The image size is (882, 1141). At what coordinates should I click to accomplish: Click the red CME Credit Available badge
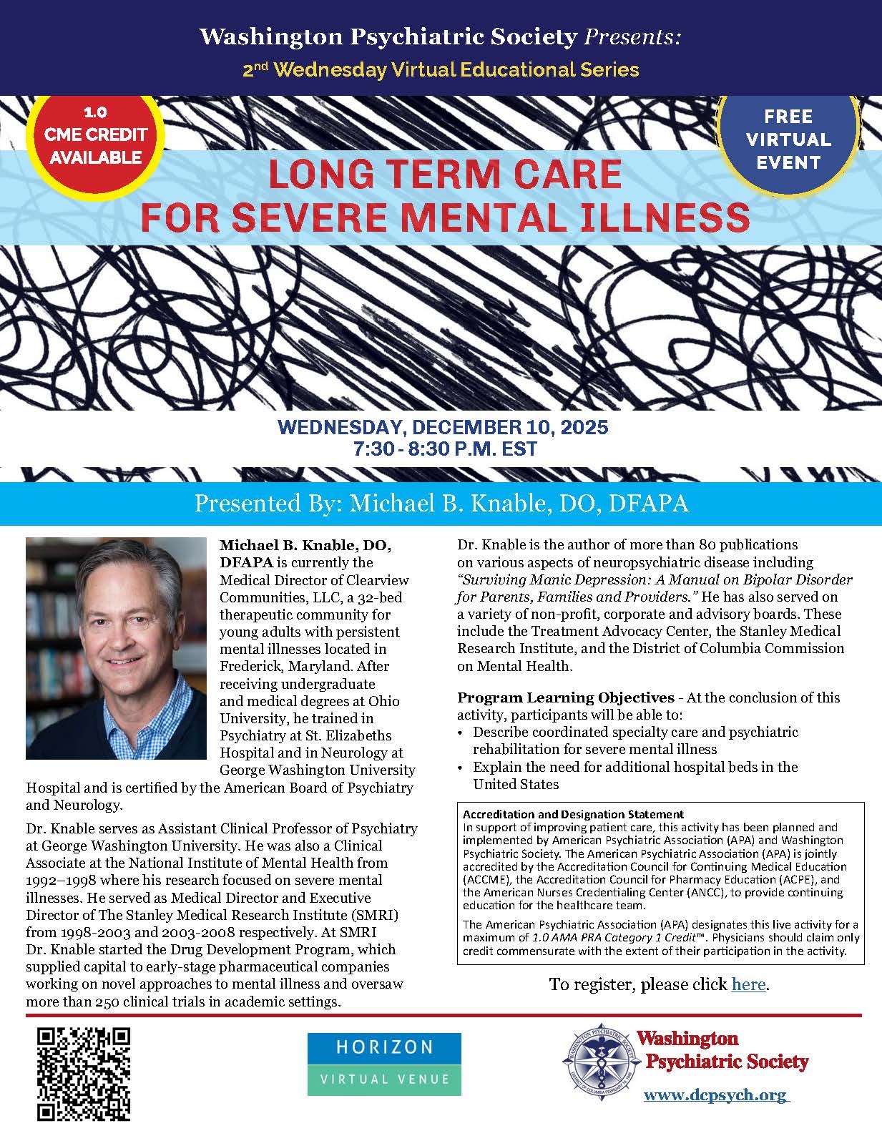(x=96, y=135)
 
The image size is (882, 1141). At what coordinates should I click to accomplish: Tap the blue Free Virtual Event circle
(x=788, y=139)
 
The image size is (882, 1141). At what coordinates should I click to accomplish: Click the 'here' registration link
(x=748, y=984)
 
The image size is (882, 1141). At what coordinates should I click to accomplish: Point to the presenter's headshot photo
(x=116, y=648)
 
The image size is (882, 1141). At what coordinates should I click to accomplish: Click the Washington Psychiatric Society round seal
(x=599, y=1064)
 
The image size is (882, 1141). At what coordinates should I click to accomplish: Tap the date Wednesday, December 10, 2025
(x=443, y=429)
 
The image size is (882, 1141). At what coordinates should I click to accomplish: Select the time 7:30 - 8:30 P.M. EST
(x=443, y=449)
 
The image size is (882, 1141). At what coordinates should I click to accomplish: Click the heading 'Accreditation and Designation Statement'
(x=573, y=814)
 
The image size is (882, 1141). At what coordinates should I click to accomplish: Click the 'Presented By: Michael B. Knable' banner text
(x=441, y=503)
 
